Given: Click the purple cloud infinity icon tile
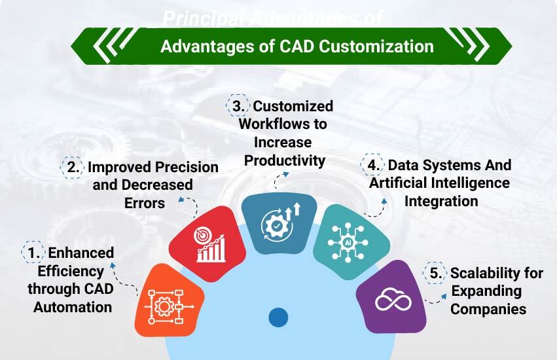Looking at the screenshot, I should coord(392,298).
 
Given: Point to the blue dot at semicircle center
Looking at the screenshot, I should coord(278,317).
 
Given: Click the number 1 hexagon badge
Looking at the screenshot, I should coord(32,253).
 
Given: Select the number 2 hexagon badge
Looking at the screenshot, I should coord(73,167).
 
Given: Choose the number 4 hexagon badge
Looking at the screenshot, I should coord(374,165).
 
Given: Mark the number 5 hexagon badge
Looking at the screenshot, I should coord(435,273).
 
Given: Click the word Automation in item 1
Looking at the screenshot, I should coord(73,307).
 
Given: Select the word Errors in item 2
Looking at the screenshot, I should coord(145,203).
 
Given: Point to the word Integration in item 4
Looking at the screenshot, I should coord(440,201).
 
